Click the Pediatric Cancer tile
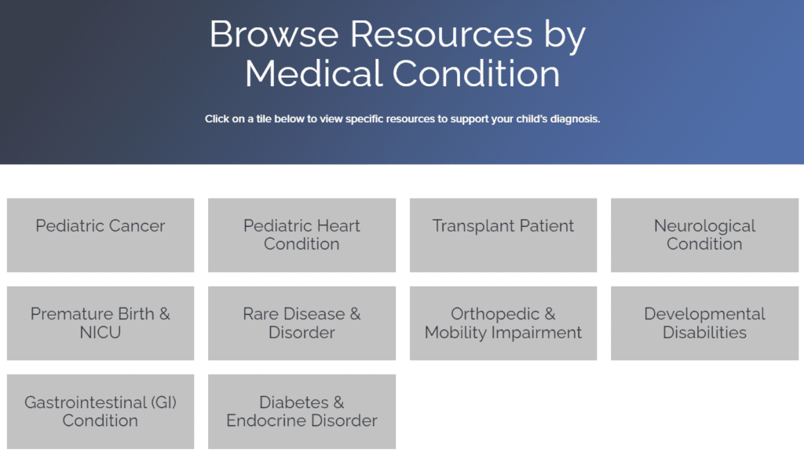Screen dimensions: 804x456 100,235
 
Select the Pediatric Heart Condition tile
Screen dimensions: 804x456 302,235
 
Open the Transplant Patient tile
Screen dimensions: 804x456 503,235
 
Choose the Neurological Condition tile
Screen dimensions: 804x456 704,235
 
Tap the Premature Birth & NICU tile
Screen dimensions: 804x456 100,323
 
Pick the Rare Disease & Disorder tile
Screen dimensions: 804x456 302,323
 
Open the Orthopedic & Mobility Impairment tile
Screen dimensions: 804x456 503,323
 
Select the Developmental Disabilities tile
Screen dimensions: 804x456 704,323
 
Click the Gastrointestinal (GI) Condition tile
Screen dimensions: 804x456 100,411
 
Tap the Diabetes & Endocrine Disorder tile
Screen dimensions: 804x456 302,411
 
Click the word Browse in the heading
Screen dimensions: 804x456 274,35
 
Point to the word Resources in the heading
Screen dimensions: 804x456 441,35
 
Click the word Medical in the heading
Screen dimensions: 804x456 314,73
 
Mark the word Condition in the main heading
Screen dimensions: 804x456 477,73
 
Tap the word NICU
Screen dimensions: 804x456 100,333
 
